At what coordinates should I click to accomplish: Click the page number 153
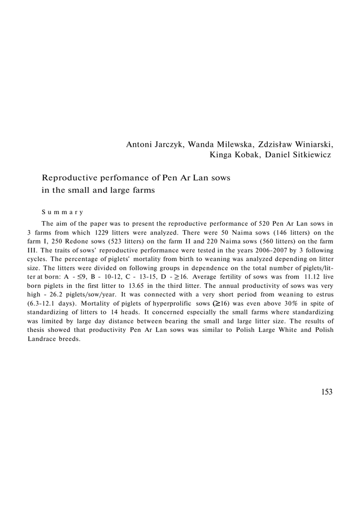click(327, 392)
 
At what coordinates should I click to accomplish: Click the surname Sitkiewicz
click(310, 155)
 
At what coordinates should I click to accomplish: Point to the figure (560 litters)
click(273, 241)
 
